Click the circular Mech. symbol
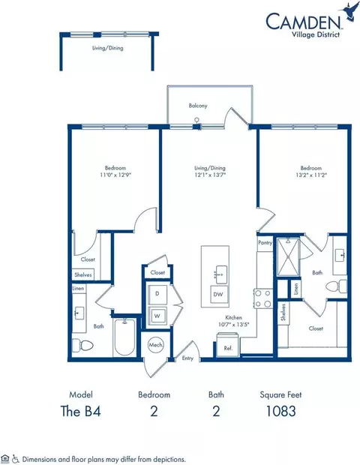pyautogui.click(x=156, y=346)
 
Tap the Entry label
pyautogui.click(x=187, y=359)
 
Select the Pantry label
pyautogui.click(x=264, y=243)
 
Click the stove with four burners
pyautogui.click(x=264, y=298)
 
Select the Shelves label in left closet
pyautogui.click(x=82, y=274)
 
